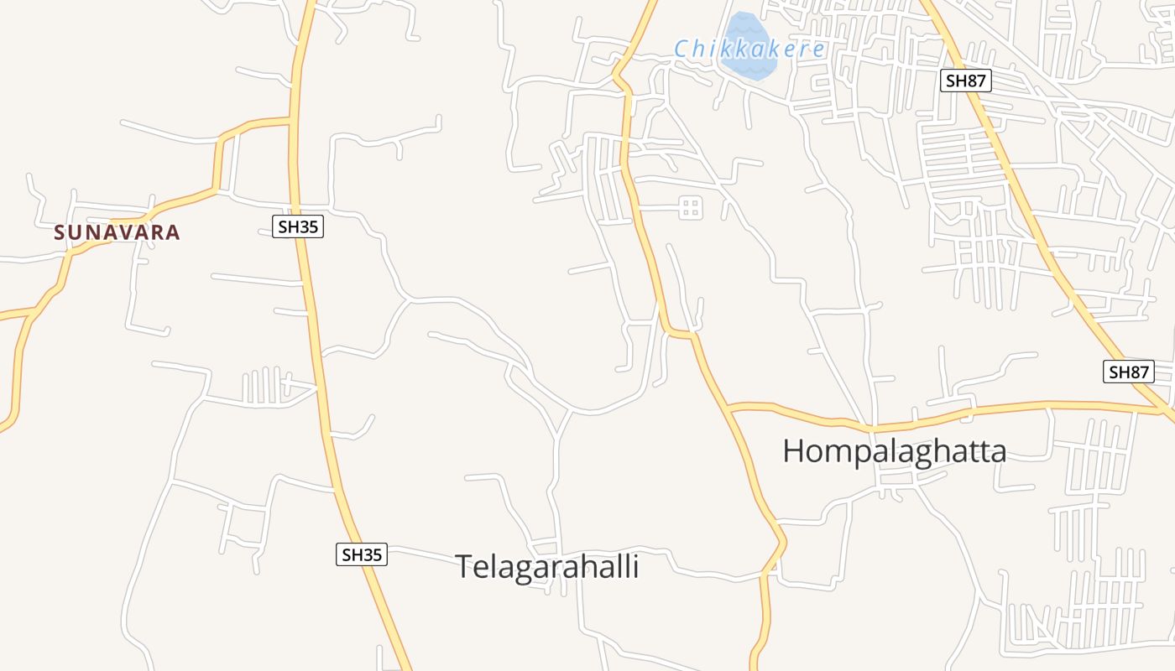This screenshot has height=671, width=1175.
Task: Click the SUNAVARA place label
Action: pyautogui.click(x=117, y=232)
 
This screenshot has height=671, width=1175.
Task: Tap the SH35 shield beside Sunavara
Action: pyautogui.click(x=298, y=226)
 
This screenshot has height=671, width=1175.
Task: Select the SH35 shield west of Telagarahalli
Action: pyautogui.click(x=362, y=554)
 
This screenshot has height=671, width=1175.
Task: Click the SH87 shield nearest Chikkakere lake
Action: pyautogui.click(x=966, y=81)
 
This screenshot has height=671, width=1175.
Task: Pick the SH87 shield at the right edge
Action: pyautogui.click(x=1128, y=372)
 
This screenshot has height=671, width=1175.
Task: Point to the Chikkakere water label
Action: pyautogui.click(x=749, y=49)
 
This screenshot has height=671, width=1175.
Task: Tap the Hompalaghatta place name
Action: pyautogui.click(x=894, y=451)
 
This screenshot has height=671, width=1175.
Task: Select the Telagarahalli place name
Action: pyautogui.click(x=547, y=567)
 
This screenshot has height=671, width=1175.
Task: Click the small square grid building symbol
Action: pyautogui.click(x=691, y=207)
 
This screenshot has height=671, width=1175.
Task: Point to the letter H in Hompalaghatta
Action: pyautogui.click(x=793, y=451)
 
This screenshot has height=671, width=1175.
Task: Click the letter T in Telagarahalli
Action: pyautogui.click(x=464, y=567)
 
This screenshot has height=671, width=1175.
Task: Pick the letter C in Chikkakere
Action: pyautogui.click(x=682, y=49)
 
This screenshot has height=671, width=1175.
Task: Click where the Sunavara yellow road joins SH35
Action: pyautogui.click(x=293, y=122)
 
